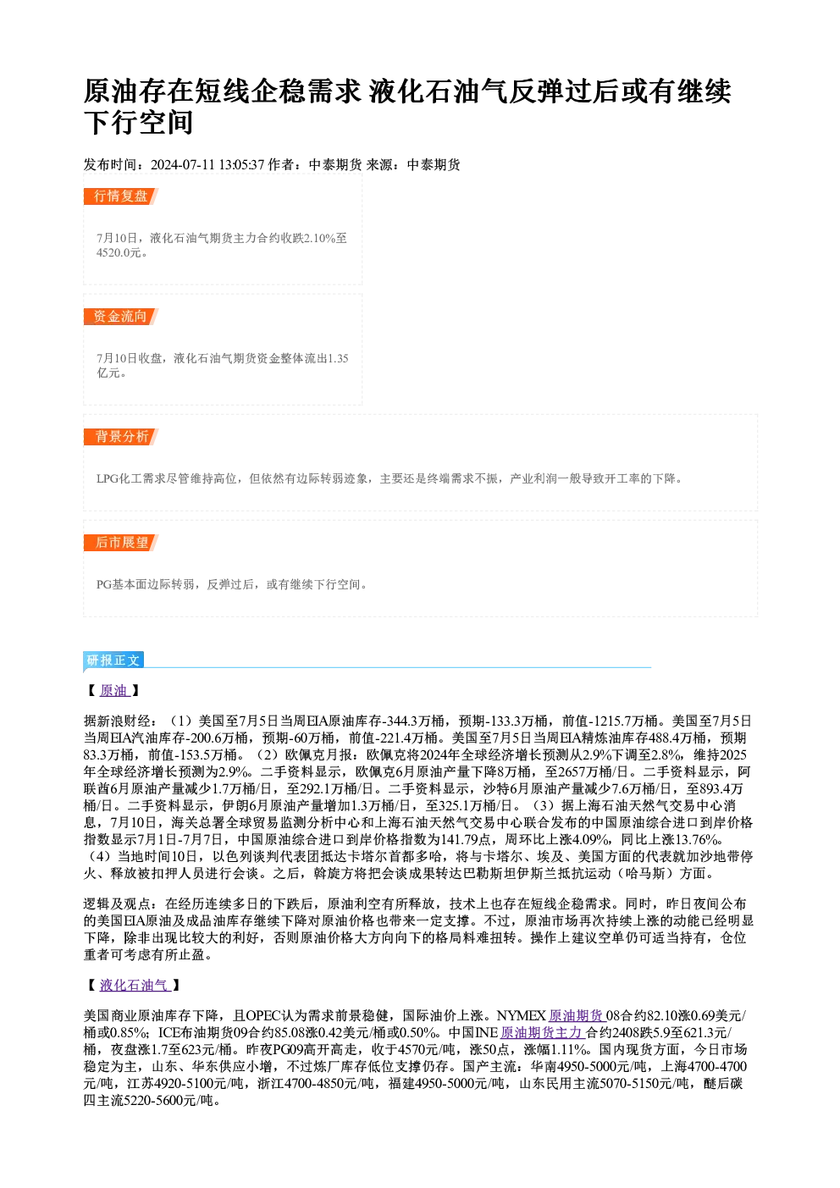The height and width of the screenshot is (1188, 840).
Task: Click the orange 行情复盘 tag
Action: point(120,196)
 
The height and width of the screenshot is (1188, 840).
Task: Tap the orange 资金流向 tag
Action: point(120,317)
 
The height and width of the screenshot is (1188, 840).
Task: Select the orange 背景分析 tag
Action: point(120,437)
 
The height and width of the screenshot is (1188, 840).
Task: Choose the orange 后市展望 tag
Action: point(120,543)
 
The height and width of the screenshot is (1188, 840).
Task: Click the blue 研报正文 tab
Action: point(113,660)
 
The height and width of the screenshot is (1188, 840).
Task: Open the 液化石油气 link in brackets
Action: point(134,986)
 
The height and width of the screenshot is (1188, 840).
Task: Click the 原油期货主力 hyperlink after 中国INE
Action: point(542,1032)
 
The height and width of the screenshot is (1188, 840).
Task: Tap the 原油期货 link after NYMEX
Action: point(577,1015)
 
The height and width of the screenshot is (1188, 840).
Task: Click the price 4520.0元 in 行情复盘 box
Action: point(119,253)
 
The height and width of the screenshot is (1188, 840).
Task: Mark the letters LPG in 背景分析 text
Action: point(108,479)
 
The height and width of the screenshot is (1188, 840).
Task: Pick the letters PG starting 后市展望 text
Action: point(103,584)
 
